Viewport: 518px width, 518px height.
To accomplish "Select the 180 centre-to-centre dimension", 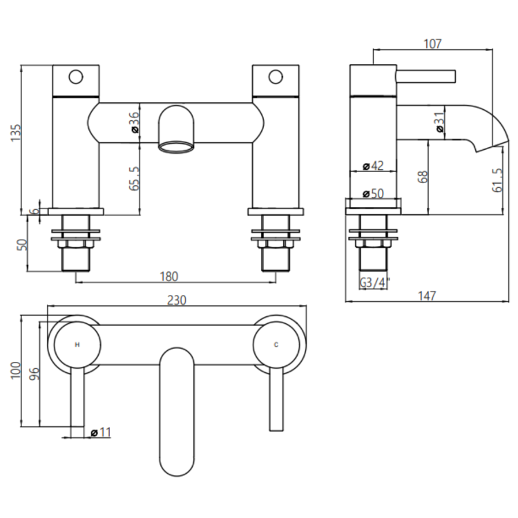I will pyautogui.click(x=169, y=276).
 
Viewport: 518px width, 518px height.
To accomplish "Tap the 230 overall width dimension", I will pyautogui.click(x=178, y=300).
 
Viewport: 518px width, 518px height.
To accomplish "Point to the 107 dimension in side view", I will pyautogui.click(x=432, y=44).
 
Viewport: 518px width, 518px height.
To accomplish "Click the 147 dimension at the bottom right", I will pyautogui.click(x=427, y=296).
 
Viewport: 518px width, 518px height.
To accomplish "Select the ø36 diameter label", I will pyautogui.click(x=134, y=122).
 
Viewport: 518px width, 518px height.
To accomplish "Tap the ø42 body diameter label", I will pyautogui.click(x=373, y=166).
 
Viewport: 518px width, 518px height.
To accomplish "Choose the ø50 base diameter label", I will pyautogui.click(x=373, y=193).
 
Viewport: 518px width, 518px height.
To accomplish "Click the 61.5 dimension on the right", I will pyautogui.click(x=497, y=180).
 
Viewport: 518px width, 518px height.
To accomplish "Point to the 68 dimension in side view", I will pyautogui.click(x=423, y=176).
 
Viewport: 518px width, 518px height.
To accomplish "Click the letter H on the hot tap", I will pyautogui.click(x=76, y=344).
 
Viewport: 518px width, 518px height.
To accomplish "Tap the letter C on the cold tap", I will pyautogui.click(x=277, y=344).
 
